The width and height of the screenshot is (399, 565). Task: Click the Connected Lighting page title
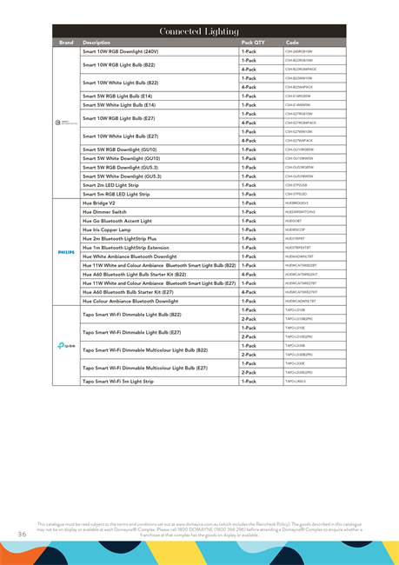tap(199, 30)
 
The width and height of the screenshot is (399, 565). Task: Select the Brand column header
tap(66, 42)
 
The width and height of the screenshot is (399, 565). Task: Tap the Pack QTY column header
tap(253, 42)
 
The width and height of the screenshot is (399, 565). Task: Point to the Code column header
tap(293, 42)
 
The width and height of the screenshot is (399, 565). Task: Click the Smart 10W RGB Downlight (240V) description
tap(120, 51)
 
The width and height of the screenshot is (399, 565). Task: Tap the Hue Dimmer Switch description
tap(104, 211)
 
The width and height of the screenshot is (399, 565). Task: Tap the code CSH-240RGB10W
tap(299, 51)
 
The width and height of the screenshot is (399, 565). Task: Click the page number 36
tap(22, 533)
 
